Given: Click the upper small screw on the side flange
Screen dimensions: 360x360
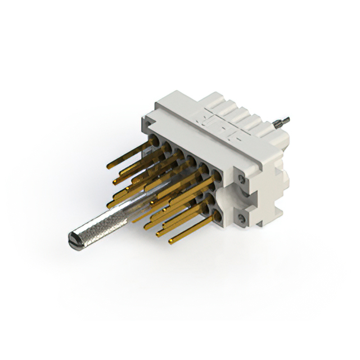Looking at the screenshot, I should pos(241,179).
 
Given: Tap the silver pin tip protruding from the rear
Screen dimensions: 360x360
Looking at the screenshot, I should pos(284,119).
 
